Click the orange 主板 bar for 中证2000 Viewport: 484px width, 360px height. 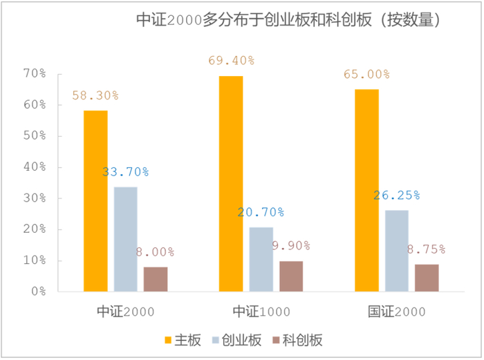(x=95, y=201)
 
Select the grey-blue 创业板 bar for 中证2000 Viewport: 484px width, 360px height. (x=126, y=239)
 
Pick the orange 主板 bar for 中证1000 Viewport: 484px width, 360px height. (x=231, y=184)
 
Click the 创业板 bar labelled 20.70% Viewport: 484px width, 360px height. (x=261, y=259)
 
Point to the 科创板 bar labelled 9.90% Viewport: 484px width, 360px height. (x=291, y=276)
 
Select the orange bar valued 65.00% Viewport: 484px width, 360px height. (x=366, y=191)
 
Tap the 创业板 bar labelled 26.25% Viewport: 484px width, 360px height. (x=397, y=251)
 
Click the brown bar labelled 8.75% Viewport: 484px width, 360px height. (x=427, y=278)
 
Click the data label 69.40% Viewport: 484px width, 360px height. (x=232, y=61)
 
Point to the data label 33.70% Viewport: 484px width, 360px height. (x=126, y=172)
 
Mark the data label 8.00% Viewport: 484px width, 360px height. (x=155, y=252)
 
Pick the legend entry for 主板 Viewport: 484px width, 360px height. (x=183, y=340)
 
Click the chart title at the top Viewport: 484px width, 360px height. (x=289, y=21)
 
